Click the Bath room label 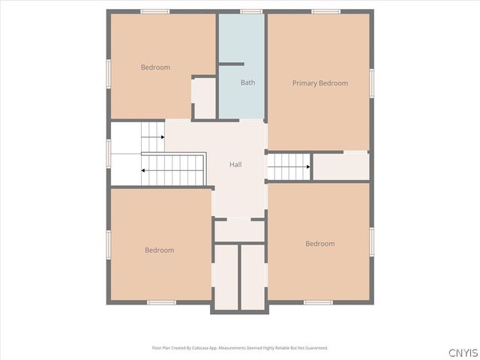click(x=247, y=82)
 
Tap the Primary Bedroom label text click(x=320, y=83)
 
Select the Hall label click(x=235, y=164)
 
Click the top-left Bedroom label click(x=155, y=67)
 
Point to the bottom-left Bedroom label click(x=159, y=250)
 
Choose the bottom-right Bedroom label click(x=319, y=244)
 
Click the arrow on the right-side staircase click(x=307, y=166)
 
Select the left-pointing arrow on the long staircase click(x=144, y=171)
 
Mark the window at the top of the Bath click(x=251, y=11)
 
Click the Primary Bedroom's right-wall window click(x=371, y=82)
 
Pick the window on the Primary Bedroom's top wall click(x=326, y=11)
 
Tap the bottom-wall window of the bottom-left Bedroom click(x=161, y=302)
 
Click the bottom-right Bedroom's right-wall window click(x=371, y=241)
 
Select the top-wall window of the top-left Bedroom click(x=155, y=11)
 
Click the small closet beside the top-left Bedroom click(x=204, y=97)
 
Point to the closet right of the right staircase click(x=340, y=166)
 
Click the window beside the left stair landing click(x=109, y=153)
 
